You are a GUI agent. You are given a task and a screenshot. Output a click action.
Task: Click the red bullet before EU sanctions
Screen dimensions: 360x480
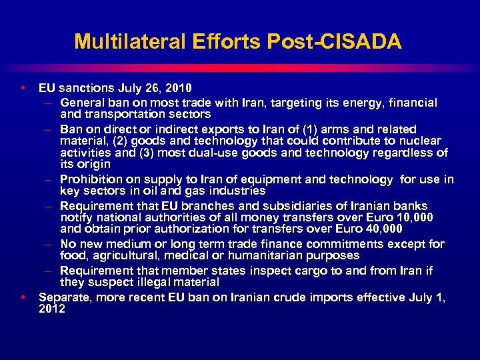click(23, 87)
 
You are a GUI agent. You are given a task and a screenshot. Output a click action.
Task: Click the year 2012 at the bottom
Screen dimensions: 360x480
click(52, 309)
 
